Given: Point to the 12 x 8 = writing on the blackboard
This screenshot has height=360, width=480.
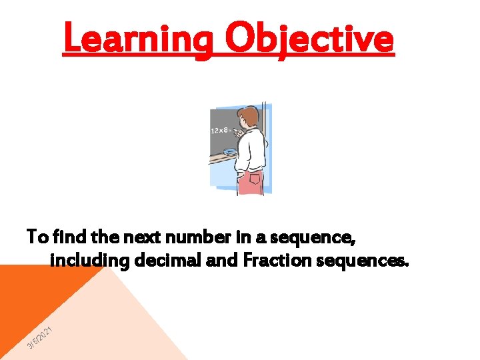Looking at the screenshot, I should pos(221,131).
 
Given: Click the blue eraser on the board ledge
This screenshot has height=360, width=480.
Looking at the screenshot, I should pos(230,153).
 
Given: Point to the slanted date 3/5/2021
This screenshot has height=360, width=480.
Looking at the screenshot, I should pos(39,339).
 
